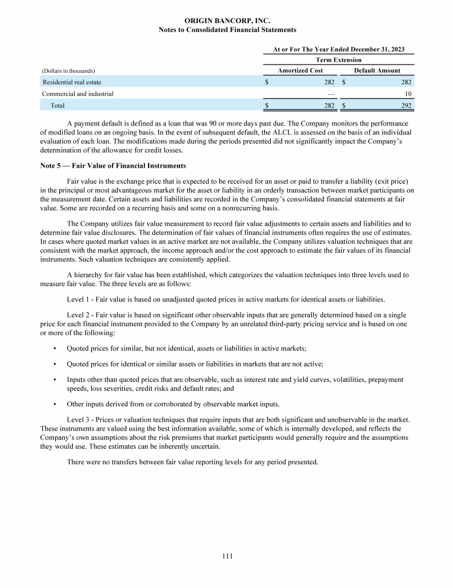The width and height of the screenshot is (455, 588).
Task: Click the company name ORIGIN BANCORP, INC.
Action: coord(227,21)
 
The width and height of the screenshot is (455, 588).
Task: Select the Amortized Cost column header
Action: coord(301,70)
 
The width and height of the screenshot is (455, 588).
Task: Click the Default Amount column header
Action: coord(377,70)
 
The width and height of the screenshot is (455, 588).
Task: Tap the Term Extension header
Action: coord(338,60)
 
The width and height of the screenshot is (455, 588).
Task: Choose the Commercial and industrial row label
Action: coord(78,94)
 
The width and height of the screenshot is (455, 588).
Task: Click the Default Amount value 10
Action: coord(408,94)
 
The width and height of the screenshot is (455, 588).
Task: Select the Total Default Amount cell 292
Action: coord(406,105)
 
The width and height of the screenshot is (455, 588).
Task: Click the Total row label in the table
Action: coord(57,105)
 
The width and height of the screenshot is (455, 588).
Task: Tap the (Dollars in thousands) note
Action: coord(69,71)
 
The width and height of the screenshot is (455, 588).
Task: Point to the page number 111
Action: coord(227,556)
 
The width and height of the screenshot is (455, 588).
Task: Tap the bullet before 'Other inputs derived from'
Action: coord(55,404)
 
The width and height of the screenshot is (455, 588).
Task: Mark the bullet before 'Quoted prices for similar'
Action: coord(55,348)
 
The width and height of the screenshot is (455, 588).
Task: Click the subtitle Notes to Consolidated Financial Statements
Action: coord(227,30)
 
